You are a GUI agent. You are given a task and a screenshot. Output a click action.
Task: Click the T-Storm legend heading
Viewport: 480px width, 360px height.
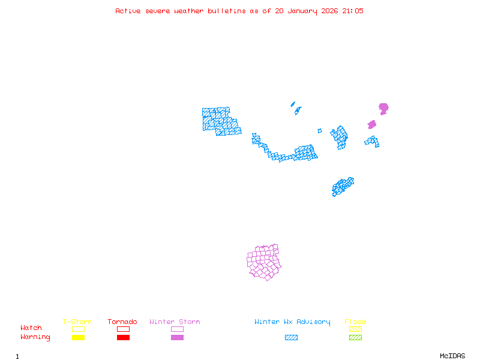(x=77, y=322)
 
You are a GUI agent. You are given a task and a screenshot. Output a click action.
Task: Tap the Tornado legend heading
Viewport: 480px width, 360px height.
(x=122, y=322)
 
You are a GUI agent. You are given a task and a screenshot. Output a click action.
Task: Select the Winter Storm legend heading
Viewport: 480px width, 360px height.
(x=175, y=322)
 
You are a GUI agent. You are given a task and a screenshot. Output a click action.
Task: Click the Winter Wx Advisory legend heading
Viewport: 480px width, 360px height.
(x=292, y=322)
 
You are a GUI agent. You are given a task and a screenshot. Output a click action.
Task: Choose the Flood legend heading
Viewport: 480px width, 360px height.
(x=355, y=322)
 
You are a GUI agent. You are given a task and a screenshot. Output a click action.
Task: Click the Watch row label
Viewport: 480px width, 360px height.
(x=31, y=328)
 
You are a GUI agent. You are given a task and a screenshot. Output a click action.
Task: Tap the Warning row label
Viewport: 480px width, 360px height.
(x=35, y=337)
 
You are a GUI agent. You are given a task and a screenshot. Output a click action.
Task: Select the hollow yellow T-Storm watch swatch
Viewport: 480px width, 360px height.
(x=78, y=329)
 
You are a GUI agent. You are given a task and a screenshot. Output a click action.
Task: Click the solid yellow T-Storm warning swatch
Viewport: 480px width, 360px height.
(x=78, y=337)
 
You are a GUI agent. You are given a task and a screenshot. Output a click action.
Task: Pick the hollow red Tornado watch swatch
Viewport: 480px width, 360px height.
(x=123, y=329)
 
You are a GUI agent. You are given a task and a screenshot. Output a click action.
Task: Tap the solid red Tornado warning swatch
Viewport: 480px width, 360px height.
(x=123, y=337)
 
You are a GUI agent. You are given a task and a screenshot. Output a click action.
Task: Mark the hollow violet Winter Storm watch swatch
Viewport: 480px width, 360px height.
(x=177, y=329)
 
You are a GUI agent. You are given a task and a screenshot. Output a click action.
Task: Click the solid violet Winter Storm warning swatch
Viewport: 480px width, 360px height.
(x=177, y=337)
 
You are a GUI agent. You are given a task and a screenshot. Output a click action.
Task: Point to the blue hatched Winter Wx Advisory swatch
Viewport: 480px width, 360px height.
(x=291, y=337)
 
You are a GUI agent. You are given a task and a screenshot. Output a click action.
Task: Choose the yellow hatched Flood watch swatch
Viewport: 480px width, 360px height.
(x=355, y=329)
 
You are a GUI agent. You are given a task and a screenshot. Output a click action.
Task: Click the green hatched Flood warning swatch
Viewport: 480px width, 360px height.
(x=355, y=337)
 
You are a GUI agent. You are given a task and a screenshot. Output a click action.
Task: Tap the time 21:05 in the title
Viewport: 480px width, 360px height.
(x=353, y=11)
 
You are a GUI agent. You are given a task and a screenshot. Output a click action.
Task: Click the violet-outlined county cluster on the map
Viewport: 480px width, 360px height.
(x=264, y=262)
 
